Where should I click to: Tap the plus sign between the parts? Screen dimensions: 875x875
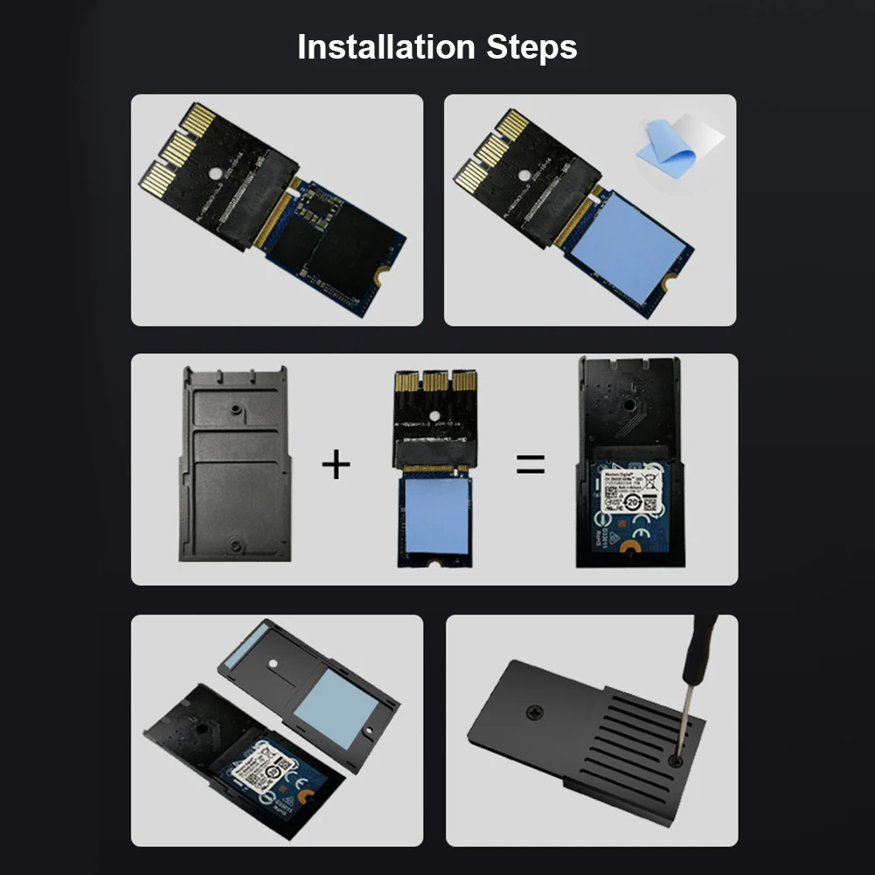pyautogui.click(x=336, y=464)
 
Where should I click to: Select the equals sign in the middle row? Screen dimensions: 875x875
pyautogui.click(x=530, y=463)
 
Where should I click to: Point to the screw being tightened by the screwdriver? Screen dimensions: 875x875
pyautogui.click(x=676, y=762)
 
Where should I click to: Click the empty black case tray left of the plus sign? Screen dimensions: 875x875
pyautogui.click(x=234, y=463)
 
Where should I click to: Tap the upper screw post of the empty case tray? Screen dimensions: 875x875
pyautogui.click(x=234, y=408)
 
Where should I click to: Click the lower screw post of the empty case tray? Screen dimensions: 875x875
pyautogui.click(x=234, y=545)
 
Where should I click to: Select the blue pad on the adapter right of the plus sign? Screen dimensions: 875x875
pyautogui.click(x=434, y=517)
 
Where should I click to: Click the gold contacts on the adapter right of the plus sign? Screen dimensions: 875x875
pyautogui.click(x=434, y=381)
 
